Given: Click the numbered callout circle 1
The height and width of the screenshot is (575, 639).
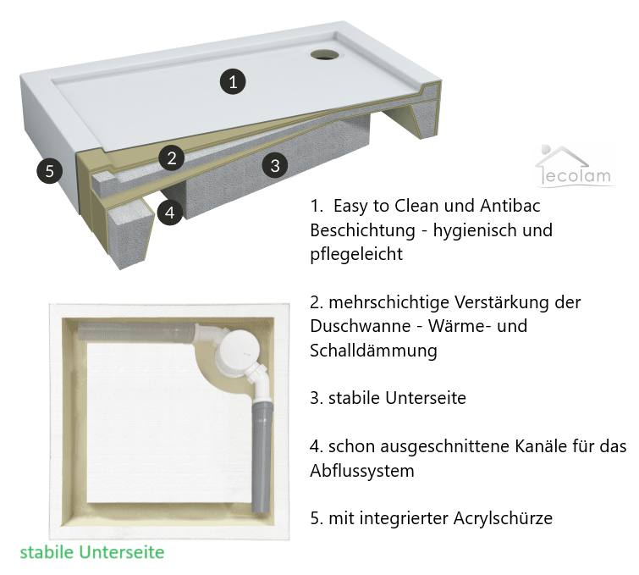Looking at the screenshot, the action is tap(233, 81).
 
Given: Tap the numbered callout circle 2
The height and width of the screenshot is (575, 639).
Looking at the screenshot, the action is tap(172, 158).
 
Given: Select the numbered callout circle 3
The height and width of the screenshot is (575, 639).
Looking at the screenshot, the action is tap(275, 165).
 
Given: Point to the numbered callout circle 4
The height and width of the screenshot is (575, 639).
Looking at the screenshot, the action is tap(170, 213).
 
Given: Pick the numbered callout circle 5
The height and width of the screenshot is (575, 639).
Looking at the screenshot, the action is tap(49, 170).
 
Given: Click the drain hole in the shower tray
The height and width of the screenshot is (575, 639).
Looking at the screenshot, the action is tap(324, 54).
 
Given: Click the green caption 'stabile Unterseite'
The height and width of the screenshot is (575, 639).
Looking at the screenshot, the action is tap(92, 552).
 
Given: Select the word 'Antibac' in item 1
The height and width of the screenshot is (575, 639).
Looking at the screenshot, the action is tap(510, 206).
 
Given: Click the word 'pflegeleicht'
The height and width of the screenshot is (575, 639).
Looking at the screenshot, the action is tap(356, 254).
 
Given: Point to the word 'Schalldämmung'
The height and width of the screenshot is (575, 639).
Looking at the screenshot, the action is tap(374, 351).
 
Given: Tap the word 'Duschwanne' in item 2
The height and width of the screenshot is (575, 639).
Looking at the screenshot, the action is tap(360, 326).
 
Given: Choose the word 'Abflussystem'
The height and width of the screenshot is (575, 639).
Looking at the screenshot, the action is tap(362, 471).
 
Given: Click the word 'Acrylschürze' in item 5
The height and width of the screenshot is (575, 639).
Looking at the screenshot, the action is tap(503, 518).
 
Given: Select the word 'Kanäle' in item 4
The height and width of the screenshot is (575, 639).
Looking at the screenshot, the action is tap(541, 446).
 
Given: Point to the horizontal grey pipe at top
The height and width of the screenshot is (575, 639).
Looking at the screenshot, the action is tap(135, 330).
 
